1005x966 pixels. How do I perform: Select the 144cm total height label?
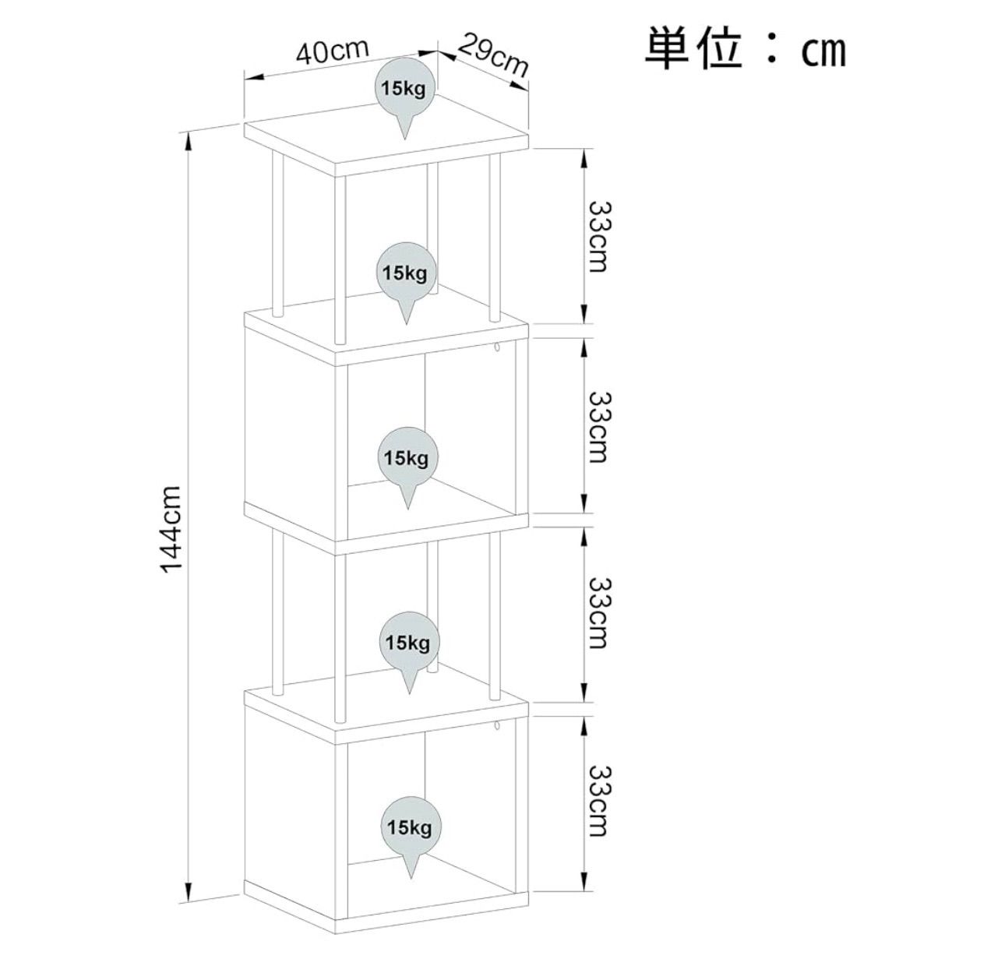[x=171, y=529]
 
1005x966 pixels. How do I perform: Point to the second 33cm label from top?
[x=600, y=427]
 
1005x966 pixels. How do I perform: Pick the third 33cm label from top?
[x=600, y=613]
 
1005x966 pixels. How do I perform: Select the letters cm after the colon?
[x=823, y=53]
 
